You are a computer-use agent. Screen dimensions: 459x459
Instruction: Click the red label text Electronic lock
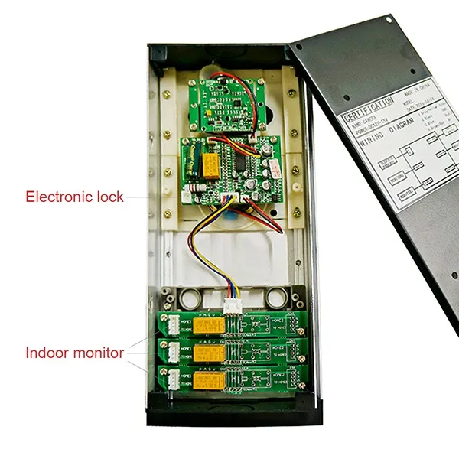point(74,197)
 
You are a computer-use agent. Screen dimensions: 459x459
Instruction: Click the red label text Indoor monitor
point(74,353)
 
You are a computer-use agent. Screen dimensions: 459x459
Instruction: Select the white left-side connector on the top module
point(173,325)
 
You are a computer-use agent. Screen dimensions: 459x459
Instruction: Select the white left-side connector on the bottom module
point(173,380)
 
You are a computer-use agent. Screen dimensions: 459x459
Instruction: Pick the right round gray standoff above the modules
point(272,296)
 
